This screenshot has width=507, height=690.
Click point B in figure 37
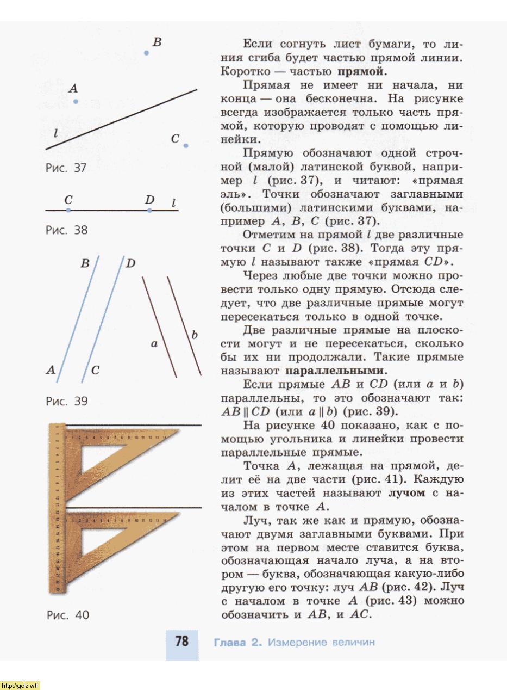pos(146,53)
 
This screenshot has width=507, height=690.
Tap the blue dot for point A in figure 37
pos(76,101)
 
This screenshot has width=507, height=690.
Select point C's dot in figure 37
pos(186,145)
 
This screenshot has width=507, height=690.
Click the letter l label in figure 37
pos(56,133)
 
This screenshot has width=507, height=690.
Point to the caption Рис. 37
pos(66,168)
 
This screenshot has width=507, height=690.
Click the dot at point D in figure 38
pos(149,210)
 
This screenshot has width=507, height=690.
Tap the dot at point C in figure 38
pos(68,210)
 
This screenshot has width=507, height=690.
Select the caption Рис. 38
pos(66,230)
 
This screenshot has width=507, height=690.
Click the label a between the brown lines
pos(154,344)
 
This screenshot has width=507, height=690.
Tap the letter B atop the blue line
pos(85,264)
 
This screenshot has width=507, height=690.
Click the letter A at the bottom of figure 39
pos(51,371)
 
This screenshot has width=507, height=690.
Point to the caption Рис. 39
pos(66,402)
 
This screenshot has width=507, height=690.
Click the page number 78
pos(182,642)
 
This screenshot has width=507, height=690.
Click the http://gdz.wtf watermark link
pos(21,685)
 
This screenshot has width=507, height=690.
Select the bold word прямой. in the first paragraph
pos(361,71)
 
